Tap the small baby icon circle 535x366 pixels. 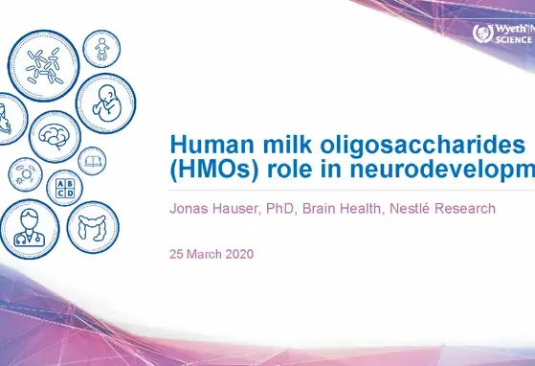(x=101, y=50)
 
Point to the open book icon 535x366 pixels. (x=92, y=160)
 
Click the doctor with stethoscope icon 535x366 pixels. (x=23, y=227)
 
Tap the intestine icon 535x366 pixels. (x=94, y=226)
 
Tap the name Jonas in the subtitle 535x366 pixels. (x=191, y=208)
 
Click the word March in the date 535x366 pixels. (x=207, y=256)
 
